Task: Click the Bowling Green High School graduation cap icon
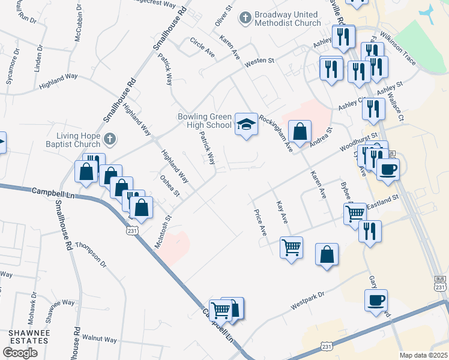(246, 124)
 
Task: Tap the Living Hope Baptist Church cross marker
(109, 140)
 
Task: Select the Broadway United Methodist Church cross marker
(244, 18)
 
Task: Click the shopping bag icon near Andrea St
(300, 131)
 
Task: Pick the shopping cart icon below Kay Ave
(291, 247)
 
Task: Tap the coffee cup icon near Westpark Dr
(376, 300)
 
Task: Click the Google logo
(20, 353)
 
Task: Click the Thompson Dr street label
(91, 256)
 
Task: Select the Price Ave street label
(260, 222)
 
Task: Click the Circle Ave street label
(202, 48)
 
